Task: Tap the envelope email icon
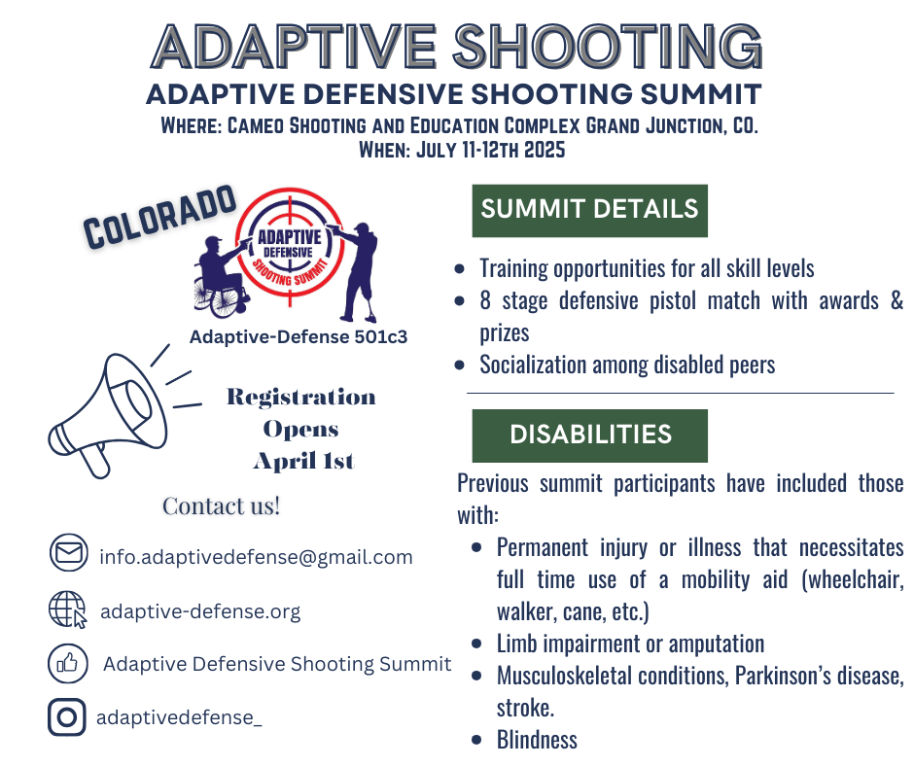[69, 552]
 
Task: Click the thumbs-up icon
[68, 663]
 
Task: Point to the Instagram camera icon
[67, 717]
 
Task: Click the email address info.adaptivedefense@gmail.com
[256, 557]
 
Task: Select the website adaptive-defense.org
[200, 611]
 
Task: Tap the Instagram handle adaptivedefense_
[179, 717]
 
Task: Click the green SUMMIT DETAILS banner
[590, 210]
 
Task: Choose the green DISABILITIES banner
[590, 435]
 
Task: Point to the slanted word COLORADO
[159, 217]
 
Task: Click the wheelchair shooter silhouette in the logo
[221, 277]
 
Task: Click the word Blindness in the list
[537, 740]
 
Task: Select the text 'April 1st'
[303, 461]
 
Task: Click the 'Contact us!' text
[222, 506]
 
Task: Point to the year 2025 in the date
[545, 150]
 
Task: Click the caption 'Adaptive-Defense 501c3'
[299, 337]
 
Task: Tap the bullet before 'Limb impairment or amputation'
[476, 644]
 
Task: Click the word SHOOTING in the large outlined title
[608, 47]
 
